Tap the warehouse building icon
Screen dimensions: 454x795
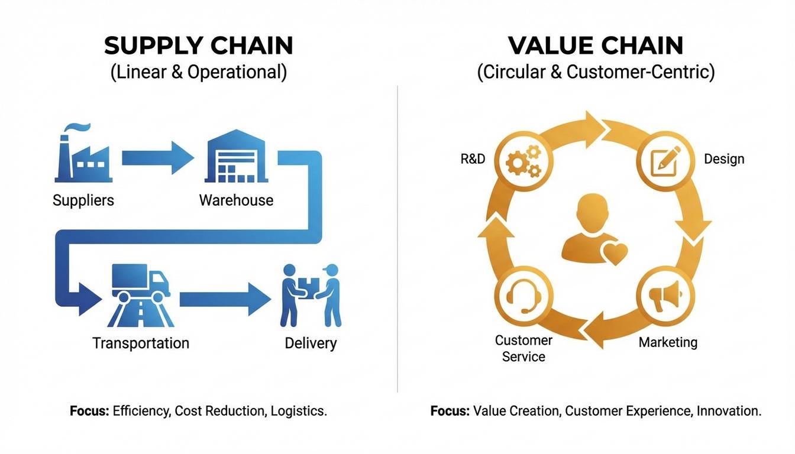point(236,157)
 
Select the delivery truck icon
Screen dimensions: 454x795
point(141,282)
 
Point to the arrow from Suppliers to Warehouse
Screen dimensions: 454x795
point(157,158)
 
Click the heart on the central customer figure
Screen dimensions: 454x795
point(613,253)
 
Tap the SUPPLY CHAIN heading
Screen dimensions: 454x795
point(199,46)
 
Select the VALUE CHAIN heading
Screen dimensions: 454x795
point(595,46)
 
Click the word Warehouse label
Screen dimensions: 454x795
point(236,200)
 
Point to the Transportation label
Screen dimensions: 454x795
point(141,343)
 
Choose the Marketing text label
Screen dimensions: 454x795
point(668,342)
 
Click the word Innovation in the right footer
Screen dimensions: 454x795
point(729,411)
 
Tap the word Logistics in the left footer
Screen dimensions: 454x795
point(298,411)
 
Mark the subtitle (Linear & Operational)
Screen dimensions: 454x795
point(199,72)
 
